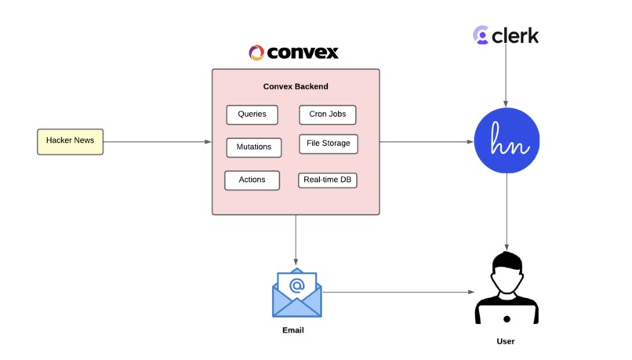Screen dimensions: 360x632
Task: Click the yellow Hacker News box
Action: (x=70, y=141)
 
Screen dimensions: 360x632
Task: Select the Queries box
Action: (x=252, y=115)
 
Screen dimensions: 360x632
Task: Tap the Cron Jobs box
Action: (x=327, y=115)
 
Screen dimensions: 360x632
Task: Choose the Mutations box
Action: (x=253, y=147)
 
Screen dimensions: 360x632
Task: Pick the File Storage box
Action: (x=328, y=144)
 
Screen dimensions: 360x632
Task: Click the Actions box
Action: (x=252, y=180)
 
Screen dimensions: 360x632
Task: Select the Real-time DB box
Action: (x=328, y=180)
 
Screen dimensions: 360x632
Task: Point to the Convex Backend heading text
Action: (x=296, y=86)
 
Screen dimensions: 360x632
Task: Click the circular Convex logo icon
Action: (x=256, y=53)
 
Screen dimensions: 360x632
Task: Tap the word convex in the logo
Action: (x=303, y=53)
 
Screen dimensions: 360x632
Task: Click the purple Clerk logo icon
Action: (x=481, y=35)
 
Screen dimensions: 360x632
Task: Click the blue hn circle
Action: (x=507, y=142)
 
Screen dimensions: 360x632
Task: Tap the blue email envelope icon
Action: (x=296, y=293)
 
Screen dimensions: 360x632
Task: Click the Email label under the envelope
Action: (x=292, y=330)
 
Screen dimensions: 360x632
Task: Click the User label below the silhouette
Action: (x=506, y=341)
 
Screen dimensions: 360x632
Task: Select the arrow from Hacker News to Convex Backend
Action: (x=157, y=142)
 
